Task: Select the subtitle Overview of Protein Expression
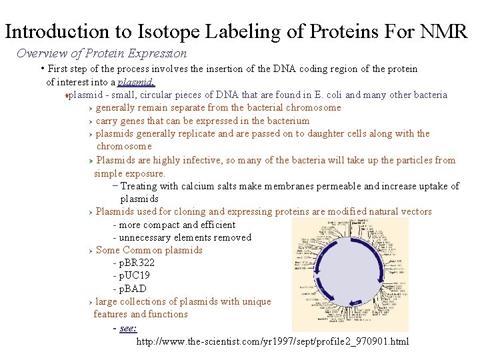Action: coord(101,53)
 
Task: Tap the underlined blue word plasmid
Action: coord(136,82)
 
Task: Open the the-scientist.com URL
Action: coord(273,341)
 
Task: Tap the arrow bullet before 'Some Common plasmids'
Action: coord(90,251)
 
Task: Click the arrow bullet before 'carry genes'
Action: coord(90,121)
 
